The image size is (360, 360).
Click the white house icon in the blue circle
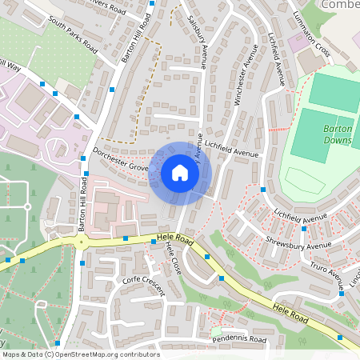[180, 173]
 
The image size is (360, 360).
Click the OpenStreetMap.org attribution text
[80, 354]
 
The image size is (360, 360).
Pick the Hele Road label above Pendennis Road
[290, 313]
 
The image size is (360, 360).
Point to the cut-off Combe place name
[339, 5]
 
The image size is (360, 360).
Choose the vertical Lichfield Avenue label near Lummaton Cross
[277, 59]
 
